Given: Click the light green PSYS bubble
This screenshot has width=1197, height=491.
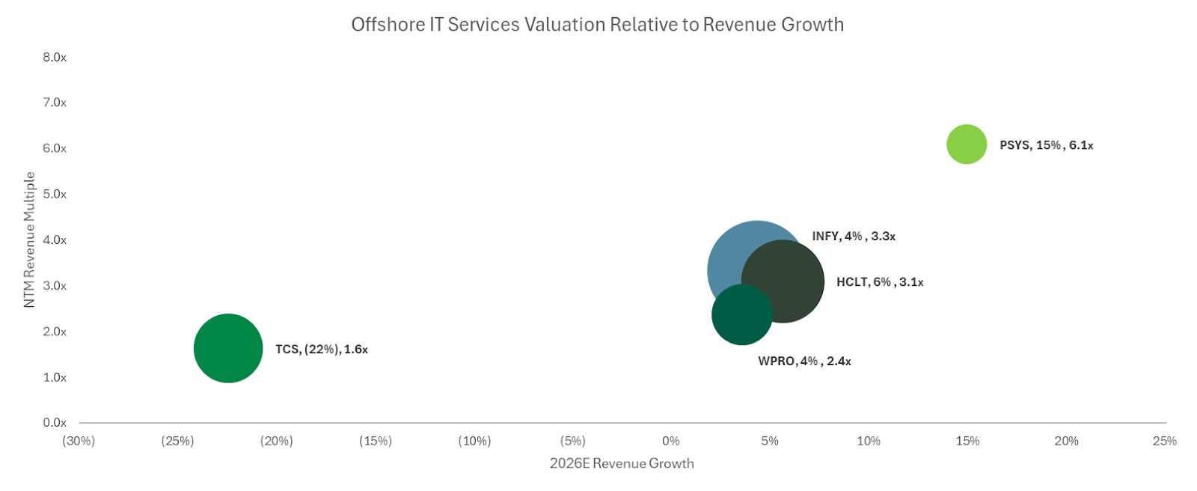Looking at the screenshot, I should [967, 144].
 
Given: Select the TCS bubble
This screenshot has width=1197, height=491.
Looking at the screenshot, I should [228, 348].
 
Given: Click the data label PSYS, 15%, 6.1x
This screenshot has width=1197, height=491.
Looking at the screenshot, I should [1046, 145].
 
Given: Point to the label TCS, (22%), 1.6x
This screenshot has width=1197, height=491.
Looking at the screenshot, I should [322, 350].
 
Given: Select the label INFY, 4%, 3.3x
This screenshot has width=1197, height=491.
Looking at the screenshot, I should [854, 237].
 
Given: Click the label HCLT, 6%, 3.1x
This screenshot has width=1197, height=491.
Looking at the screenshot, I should [880, 282].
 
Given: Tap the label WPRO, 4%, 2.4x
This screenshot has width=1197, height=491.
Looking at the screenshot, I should [804, 362].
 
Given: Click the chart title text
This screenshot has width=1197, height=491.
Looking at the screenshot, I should [597, 25].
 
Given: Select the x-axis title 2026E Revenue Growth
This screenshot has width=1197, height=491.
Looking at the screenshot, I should [622, 463].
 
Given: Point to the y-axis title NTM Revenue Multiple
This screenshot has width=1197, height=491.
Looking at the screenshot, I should [29, 240].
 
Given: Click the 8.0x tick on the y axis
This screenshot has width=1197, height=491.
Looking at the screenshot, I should [55, 58].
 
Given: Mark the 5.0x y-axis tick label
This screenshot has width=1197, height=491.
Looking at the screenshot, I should [55, 195].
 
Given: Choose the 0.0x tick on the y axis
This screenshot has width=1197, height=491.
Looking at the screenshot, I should [55, 423].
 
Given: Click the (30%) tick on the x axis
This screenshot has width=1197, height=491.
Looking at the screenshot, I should [79, 442].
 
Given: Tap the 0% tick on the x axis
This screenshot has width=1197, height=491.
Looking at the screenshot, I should [671, 442].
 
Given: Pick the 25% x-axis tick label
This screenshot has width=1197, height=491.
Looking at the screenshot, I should [1165, 442].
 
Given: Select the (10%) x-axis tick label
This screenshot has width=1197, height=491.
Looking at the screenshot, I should [474, 442].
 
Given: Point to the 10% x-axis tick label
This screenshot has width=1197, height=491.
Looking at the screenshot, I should [869, 442].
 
